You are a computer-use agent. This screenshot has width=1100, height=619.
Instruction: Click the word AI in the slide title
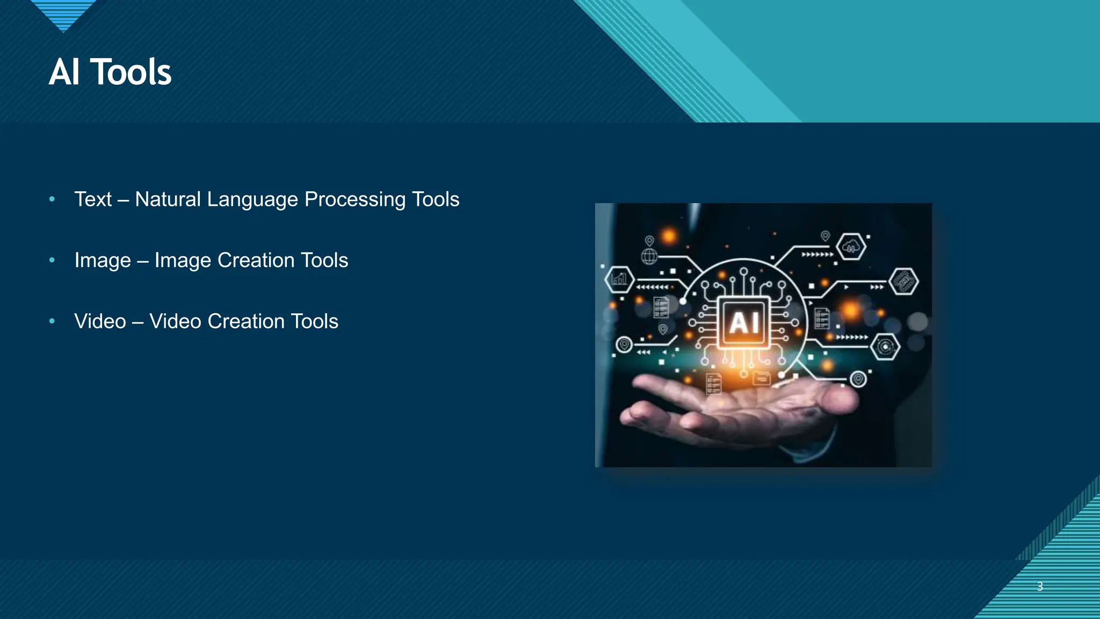click(x=64, y=72)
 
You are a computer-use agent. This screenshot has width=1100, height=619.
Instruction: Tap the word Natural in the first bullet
click(x=168, y=199)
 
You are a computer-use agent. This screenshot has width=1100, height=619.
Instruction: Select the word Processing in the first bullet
click(x=355, y=199)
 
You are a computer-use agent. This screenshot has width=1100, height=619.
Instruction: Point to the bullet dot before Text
click(x=52, y=199)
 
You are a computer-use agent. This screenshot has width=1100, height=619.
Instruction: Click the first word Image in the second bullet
click(x=103, y=261)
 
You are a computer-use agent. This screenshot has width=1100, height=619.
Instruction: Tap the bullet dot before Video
click(x=52, y=321)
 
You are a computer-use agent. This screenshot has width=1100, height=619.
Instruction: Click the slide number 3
click(x=1040, y=586)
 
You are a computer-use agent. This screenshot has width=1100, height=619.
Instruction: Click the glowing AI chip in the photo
click(x=744, y=322)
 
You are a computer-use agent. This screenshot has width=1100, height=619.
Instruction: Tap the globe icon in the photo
click(x=649, y=256)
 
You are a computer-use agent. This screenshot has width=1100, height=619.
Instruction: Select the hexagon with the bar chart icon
click(x=619, y=279)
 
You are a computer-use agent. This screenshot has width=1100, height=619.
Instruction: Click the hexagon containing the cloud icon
click(x=851, y=247)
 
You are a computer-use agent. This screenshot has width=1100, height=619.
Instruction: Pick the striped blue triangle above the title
click(x=63, y=14)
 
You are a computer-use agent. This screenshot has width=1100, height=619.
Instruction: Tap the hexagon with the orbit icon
click(x=885, y=347)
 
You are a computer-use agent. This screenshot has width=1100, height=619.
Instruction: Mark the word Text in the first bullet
click(x=93, y=199)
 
